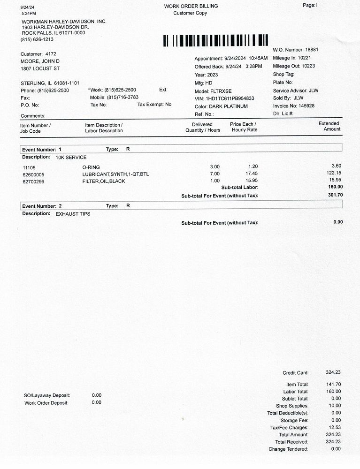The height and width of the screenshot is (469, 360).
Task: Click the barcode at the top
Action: click(215, 40)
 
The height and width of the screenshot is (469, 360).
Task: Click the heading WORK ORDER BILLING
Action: click(191, 6)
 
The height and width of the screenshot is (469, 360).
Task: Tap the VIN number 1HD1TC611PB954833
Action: click(230, 98)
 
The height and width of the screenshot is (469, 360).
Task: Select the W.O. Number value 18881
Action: click(312, 50)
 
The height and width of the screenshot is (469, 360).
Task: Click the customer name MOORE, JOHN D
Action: click(40, 61)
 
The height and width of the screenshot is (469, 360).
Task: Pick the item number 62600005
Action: click(33, 174)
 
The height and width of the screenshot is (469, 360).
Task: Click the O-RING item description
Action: click(91, 167)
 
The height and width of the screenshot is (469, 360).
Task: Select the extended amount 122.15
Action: click(333, 173)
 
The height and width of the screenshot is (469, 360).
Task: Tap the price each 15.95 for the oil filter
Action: click(252, 181)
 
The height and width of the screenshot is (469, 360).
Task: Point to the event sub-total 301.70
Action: click(335, 195)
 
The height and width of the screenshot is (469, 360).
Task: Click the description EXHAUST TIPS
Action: click(73, 214)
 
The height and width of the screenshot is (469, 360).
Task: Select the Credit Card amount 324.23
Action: click(333, 372)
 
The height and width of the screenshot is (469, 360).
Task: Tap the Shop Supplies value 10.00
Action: click(334, 406)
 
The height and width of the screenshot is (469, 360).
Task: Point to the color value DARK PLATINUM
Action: click(228, 106)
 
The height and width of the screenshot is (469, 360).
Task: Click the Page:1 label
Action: click(310, 5)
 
